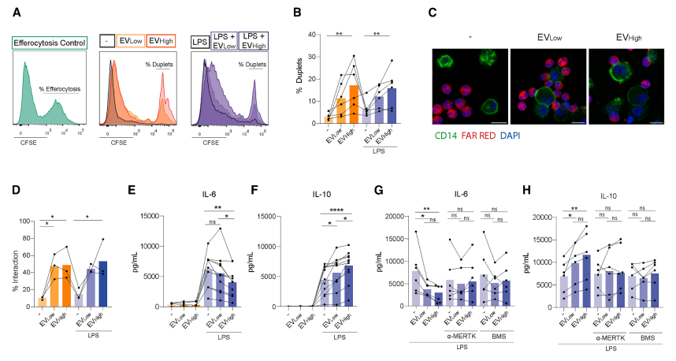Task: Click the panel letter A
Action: click(17, 12)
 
